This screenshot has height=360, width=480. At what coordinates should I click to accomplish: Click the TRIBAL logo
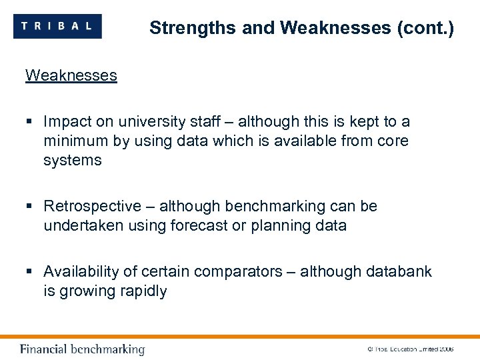click(x=57, y=27)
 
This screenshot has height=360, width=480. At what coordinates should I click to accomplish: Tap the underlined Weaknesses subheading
click(x=71, y=75)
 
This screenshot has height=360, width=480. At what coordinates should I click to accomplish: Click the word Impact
click(x=66, y=121)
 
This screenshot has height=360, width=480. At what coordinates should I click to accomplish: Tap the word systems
click(x=73, y=160)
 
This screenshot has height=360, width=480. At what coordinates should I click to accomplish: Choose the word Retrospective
click(x=93, y=206)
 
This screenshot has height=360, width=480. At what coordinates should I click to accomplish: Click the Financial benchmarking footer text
click(x=82, y=349)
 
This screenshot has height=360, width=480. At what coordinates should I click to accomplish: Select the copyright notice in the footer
click(x=410, y=349)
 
